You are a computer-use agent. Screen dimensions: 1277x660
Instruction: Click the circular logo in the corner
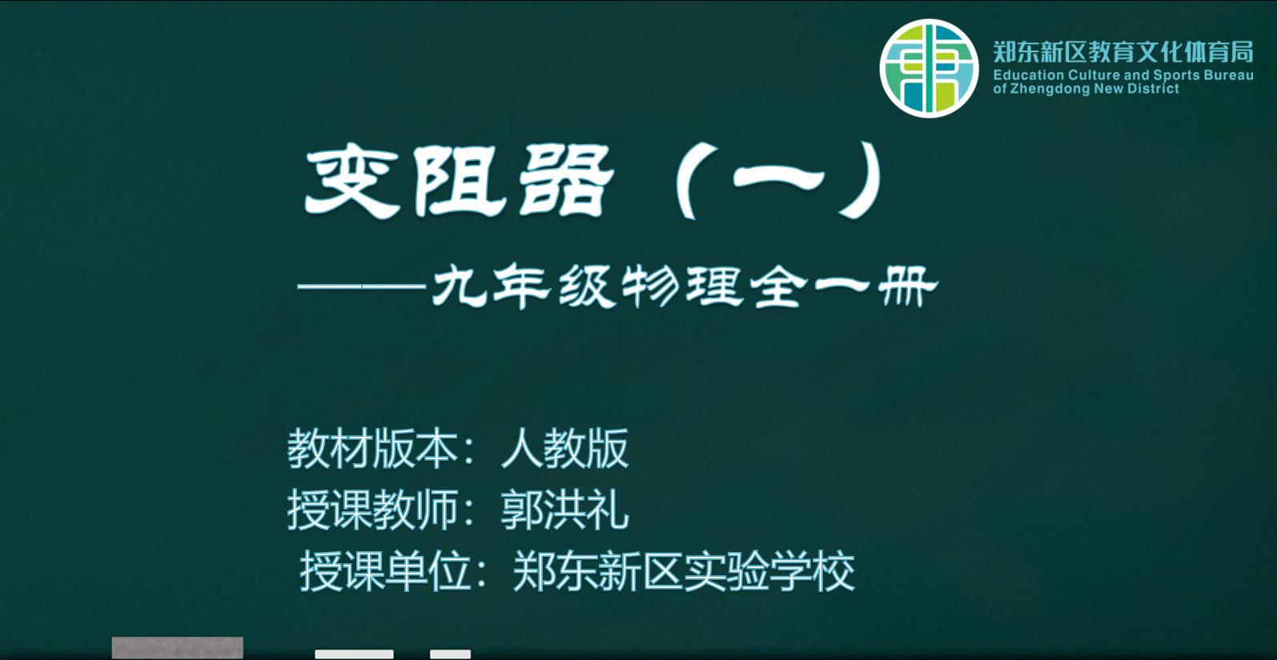pyautogui.click(x=929, y=68)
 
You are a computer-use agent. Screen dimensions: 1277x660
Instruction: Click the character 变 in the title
pyautogui.click(x=351, y=183)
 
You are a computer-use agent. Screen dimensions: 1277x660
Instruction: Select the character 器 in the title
pyautogui.click(x=566, y=182)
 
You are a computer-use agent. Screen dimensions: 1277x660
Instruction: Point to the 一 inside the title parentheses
pyautogui.click(x=778, y=179)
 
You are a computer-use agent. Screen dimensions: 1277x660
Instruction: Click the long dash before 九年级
pyautogui.click(x=362, y=286)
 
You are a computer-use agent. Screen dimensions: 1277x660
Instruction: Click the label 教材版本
pyautogui.click(x=373, y=450)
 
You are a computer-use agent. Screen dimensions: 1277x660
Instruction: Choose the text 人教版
pyautogui.click(x=564, y=450)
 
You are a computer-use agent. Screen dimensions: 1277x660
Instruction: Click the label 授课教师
pyautogui.click(x=373, y=510)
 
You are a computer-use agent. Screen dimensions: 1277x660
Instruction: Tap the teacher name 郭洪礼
pyautogui.click(x=564, y=510)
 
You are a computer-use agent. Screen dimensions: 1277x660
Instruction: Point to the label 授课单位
pyautogui.click(x=386, y=571)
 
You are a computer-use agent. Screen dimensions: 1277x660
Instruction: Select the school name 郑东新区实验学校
pyautogui.click(x=684, y=571)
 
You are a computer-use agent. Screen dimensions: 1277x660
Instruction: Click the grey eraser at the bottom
pyautogui.click(x=178, y=648)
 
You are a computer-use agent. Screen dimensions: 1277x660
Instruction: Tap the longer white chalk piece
pyautogui.click(x=354, y=654)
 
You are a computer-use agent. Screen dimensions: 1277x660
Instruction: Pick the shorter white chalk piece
pyautogui.click(x=451, y=654)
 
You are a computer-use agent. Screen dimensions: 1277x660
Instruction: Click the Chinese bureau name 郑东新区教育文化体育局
pyautogui.click(x=1123, y=52)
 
